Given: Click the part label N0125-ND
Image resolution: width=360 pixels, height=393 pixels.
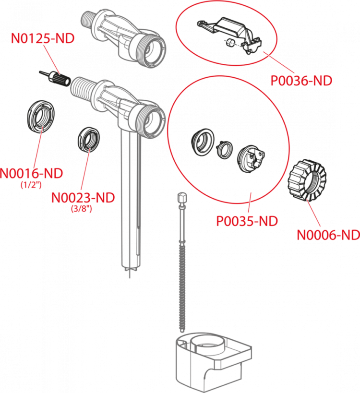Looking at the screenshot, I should pos(43,39).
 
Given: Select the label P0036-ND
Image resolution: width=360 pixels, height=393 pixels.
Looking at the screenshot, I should pos(301,81).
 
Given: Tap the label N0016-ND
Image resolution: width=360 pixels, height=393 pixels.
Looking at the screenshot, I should pos(32,173).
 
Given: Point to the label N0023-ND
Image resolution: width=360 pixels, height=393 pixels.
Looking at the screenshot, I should pos(83,197).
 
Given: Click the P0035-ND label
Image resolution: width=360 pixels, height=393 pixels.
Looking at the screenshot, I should pos(247,221).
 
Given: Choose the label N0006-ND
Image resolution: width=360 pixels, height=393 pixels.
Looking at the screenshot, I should pos(327,235).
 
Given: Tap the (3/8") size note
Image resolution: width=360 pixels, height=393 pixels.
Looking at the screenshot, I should pos(82,209).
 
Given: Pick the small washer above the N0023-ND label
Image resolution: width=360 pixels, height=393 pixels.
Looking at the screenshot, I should pos(89,139).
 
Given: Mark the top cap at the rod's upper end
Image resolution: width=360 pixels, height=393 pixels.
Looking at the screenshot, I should pos(181,197).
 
